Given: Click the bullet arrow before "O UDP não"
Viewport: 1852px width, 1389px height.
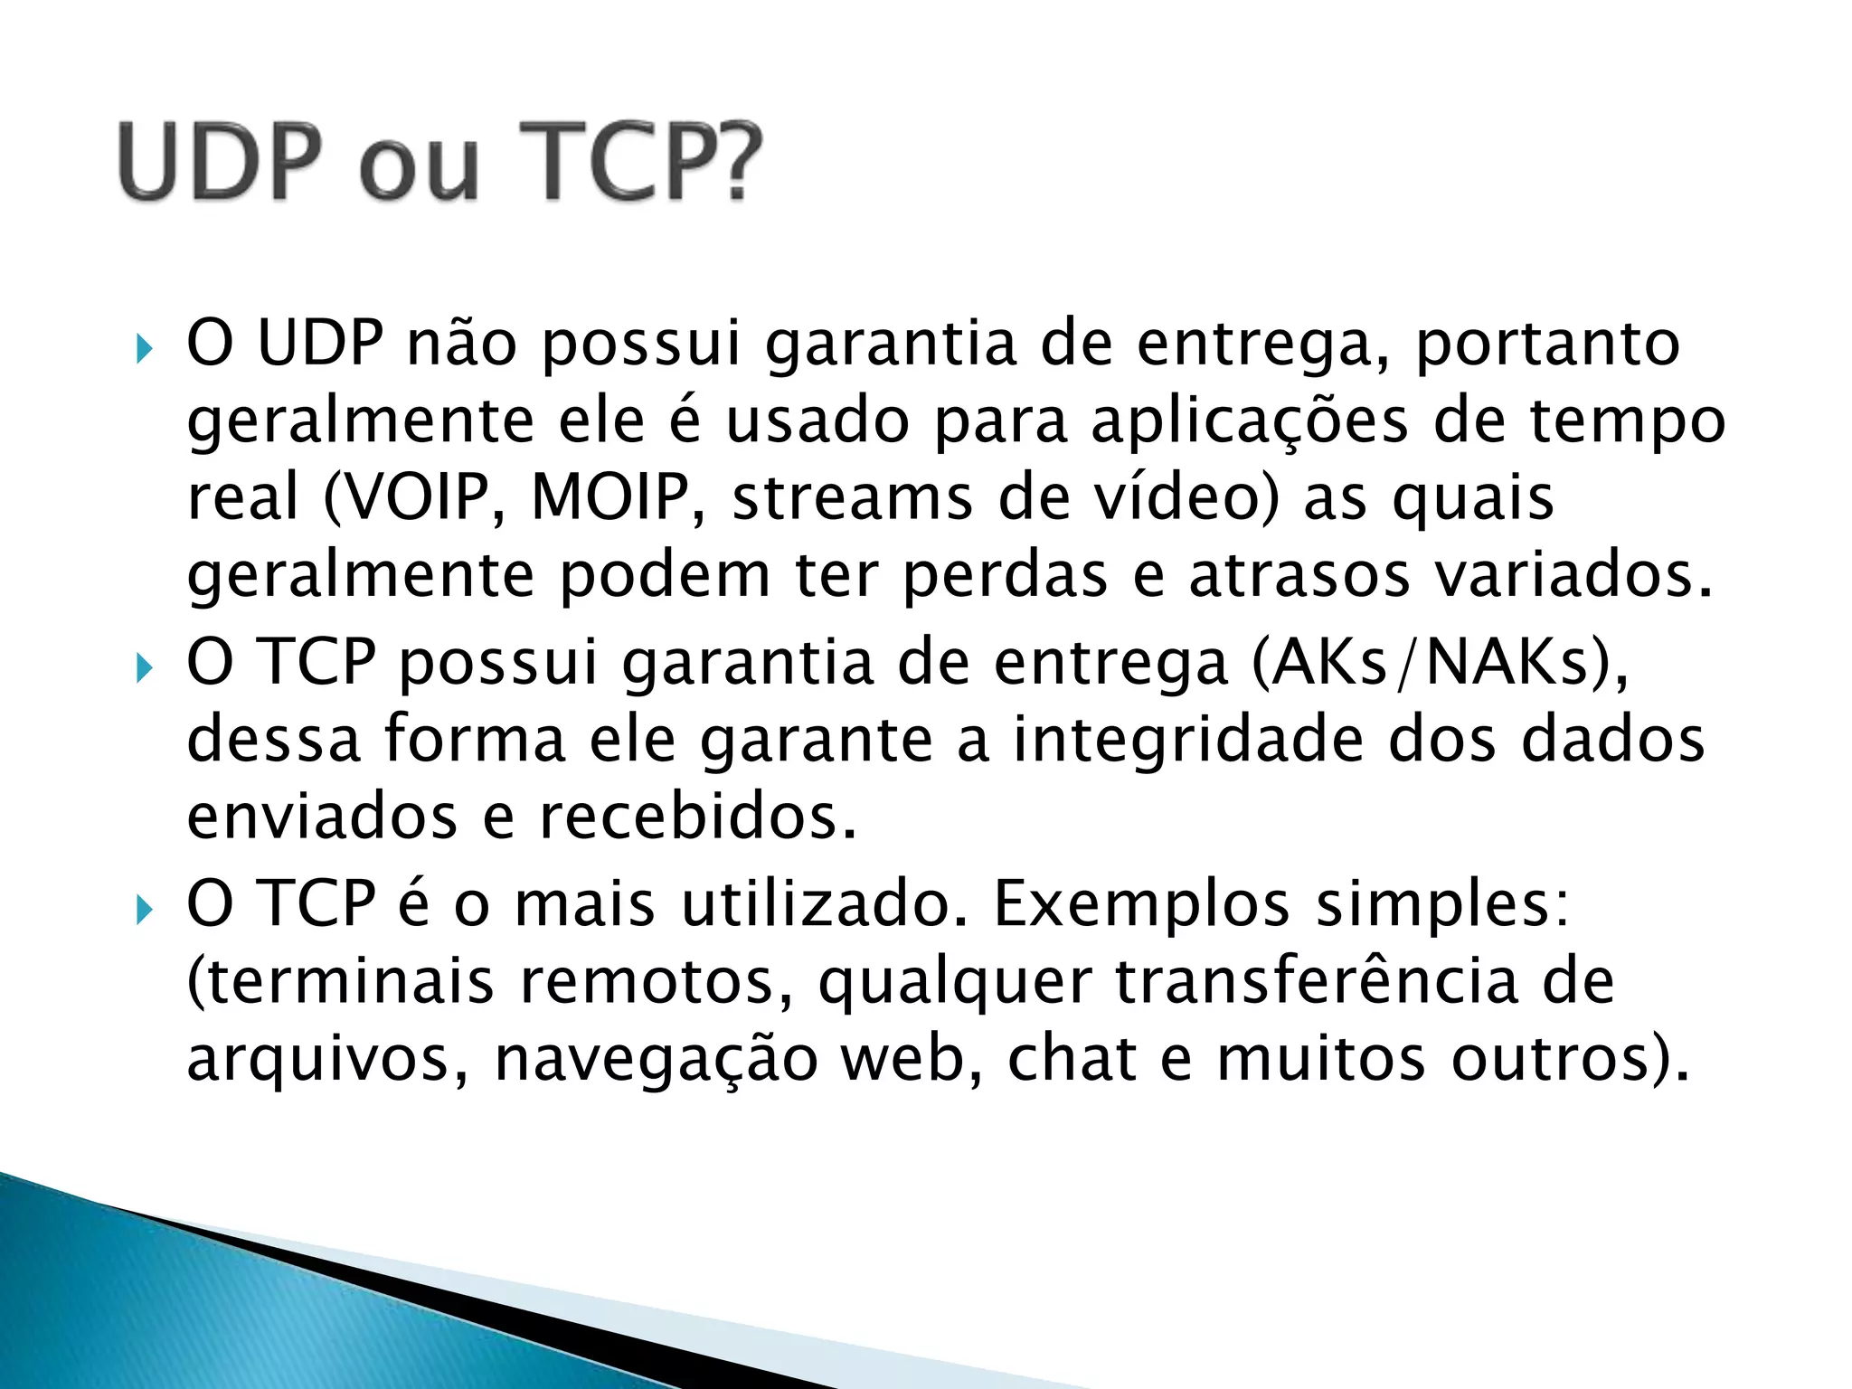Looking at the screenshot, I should (x=144, y=348).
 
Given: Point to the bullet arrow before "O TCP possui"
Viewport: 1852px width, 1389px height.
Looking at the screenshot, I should (x=144, y=668).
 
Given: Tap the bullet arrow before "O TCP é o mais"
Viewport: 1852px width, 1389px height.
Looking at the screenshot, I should (x=144, y=909).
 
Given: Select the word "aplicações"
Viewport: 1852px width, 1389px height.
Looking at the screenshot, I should (x=1250, y=422).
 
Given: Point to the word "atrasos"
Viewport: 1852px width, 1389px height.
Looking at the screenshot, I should (x=1299, y=576).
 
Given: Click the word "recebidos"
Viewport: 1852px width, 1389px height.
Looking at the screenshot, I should (x=697, y=817).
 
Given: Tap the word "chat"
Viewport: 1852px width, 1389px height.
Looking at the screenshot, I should (x=1072, y=1058).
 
